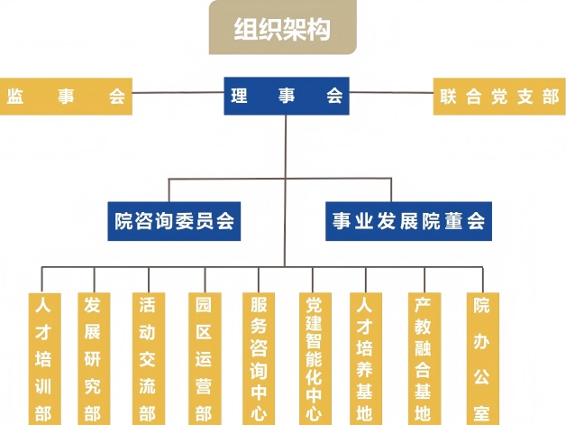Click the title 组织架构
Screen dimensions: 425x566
(x=282, y=29)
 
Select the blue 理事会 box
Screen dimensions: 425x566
(x=286, y=97)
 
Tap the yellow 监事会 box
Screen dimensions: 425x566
(x=66, y=97)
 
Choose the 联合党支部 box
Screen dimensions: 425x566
(x=499, y=97)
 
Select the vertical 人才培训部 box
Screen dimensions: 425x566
(x=42, y=358)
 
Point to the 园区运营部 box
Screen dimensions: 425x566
(x=203, y=358)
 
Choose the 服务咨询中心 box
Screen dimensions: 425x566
(x=259, y=358)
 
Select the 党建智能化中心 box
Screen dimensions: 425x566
(x=313, y=358)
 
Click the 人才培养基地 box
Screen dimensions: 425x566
(x=365, y=358)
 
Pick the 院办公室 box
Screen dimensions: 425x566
(x=482, y=358)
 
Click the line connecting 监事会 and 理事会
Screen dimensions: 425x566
(x=178, y=92)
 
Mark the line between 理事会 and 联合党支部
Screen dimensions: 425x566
(x=392, y=92)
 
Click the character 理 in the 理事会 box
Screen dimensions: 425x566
(x=239, y=97)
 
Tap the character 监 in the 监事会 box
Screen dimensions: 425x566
(x=14, y=97)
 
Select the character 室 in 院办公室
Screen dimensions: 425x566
(x=482, y=412)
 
